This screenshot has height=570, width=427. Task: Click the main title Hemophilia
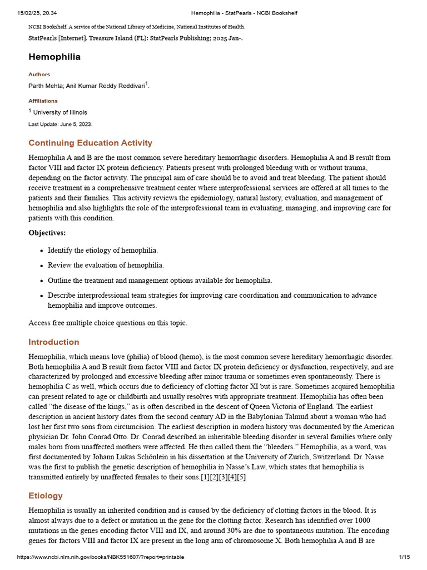click(54, 57)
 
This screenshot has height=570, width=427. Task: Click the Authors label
click(39, 74)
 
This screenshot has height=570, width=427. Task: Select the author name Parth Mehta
click(46, 86)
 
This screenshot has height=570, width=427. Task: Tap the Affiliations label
click(43, 101)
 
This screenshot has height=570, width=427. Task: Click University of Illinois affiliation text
click(60, 112)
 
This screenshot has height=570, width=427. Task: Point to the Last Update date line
click(60, 124)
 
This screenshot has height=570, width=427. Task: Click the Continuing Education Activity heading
click(90, 143)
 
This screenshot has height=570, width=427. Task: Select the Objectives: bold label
click(47, 233)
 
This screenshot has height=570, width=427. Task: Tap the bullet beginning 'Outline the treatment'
click(160, 281)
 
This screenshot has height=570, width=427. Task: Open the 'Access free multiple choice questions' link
click(108, 323)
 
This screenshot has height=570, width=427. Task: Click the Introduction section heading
click(54, 342)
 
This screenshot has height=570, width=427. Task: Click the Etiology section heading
click(46, 495)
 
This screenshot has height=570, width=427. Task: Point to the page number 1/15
click(404, 557)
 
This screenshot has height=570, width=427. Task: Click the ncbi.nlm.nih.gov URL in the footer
click(101, 557)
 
